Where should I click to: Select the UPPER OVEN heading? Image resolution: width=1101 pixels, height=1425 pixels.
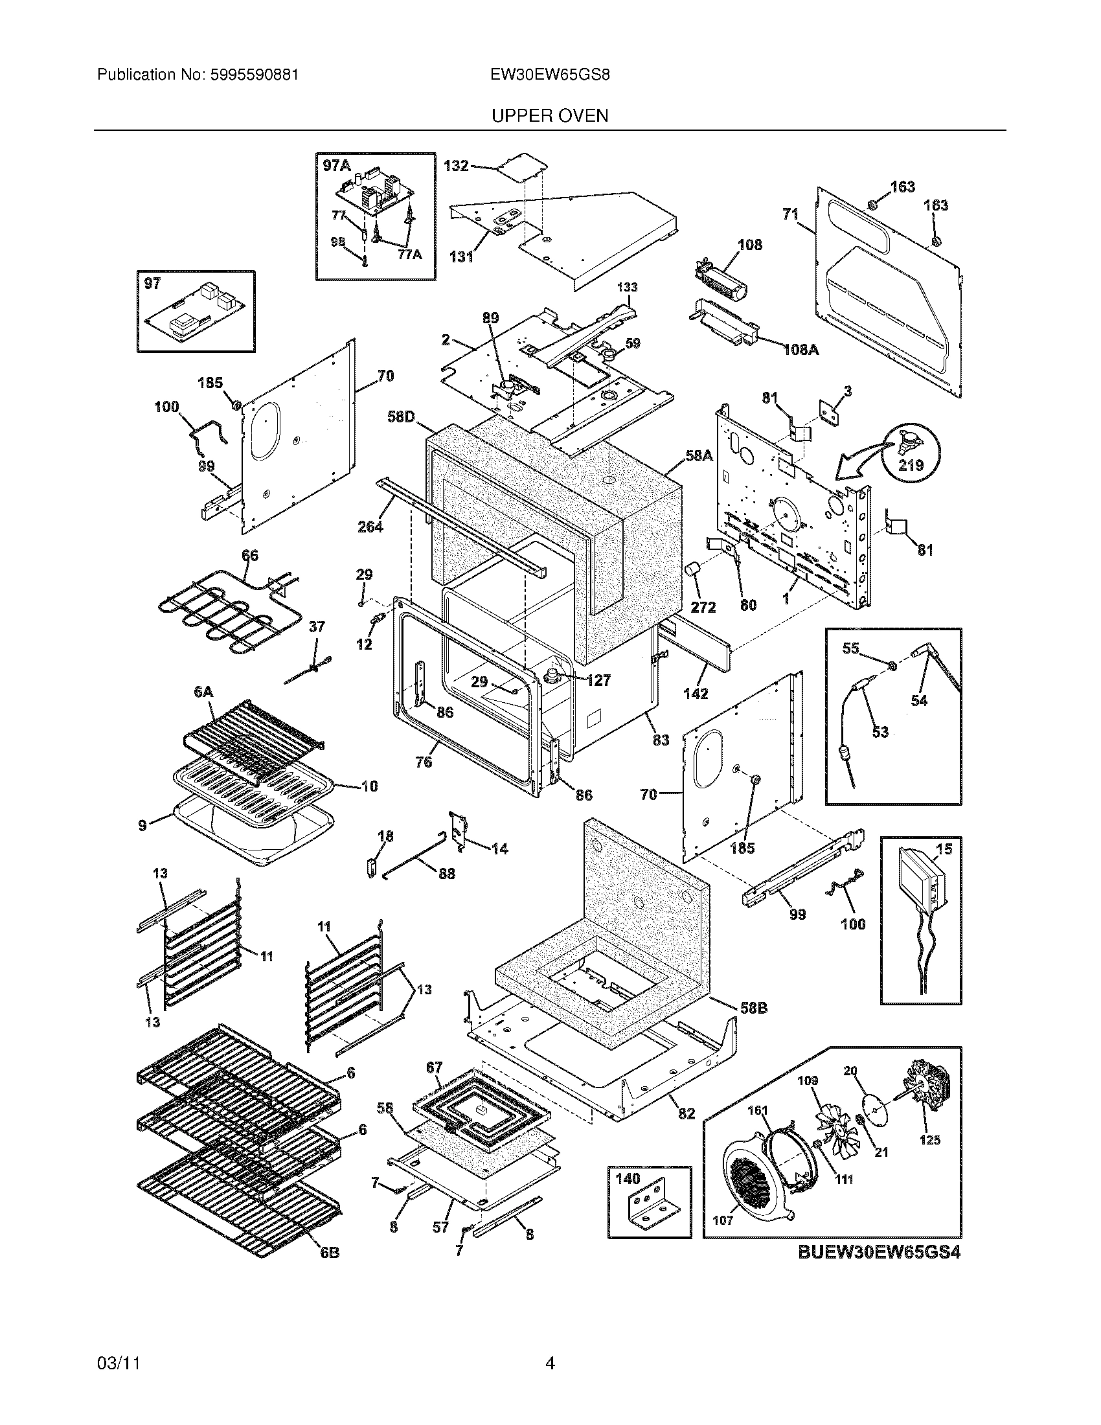(x=549, y=116)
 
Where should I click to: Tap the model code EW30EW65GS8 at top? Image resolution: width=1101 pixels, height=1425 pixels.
(x=550, y=75)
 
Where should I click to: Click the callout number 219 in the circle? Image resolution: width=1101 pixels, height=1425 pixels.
(x=911, y=465)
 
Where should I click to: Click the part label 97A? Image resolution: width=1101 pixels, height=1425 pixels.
(x=336, y=166)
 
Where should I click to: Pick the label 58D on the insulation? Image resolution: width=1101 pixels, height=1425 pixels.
(x=401, y=416)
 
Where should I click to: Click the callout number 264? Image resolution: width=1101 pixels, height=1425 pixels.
(x=370, y=526)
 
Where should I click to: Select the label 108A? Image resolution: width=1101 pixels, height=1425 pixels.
(x=800, y=350)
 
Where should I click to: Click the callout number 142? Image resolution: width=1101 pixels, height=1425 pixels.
(x=696, y=694)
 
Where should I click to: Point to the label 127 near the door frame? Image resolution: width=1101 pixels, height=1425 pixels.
(x=598, y=681)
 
